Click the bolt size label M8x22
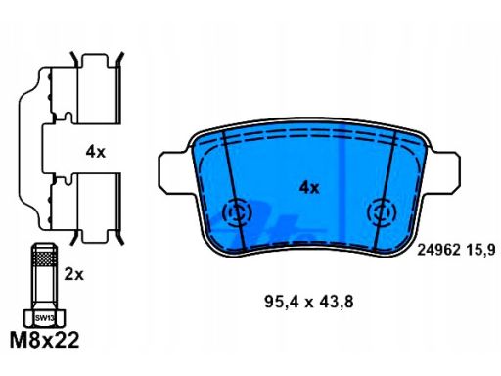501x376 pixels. pyautogui.click(x=45, y=341)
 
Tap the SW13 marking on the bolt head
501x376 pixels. pyautogui.click(x=45, y=318)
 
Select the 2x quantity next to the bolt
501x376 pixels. pyautogui.click(x=73, y=275)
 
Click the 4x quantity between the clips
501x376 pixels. pyautogui.click(x=95, y=152)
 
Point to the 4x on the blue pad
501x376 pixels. pyautogui.click(x=309, y=187)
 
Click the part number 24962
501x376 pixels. pyautogui.click(x=439, y=251)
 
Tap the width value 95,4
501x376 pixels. pyautogui.click(x=282, y=302)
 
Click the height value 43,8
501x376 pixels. pyautogui.click(x=337, y=302)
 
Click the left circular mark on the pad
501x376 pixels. pyautogui.click(x=237, y=213)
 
